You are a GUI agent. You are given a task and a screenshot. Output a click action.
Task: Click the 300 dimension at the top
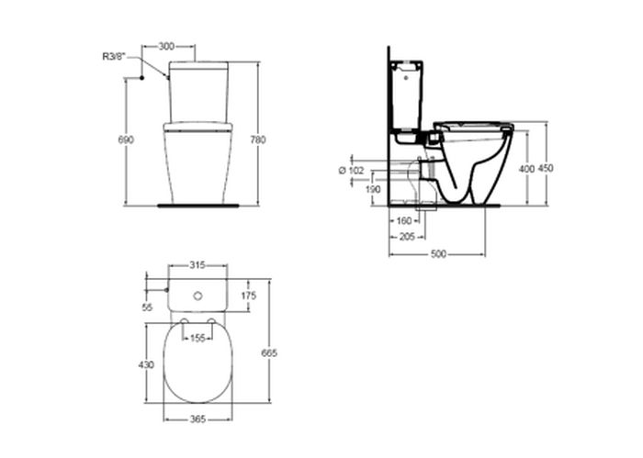166,46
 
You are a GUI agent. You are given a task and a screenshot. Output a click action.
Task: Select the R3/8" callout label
113,57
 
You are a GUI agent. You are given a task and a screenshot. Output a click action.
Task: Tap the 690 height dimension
126,140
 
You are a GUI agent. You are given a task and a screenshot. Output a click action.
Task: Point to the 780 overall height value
257,140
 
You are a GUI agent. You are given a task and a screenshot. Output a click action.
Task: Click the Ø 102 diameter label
351,171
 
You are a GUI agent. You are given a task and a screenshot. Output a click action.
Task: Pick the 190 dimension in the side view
372,189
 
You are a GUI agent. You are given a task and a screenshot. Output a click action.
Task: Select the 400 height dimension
526,168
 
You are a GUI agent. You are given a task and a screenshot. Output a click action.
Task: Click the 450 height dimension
546,168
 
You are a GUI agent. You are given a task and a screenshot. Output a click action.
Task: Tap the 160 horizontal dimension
404,221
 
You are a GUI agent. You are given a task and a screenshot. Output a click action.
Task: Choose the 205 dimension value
407,237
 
